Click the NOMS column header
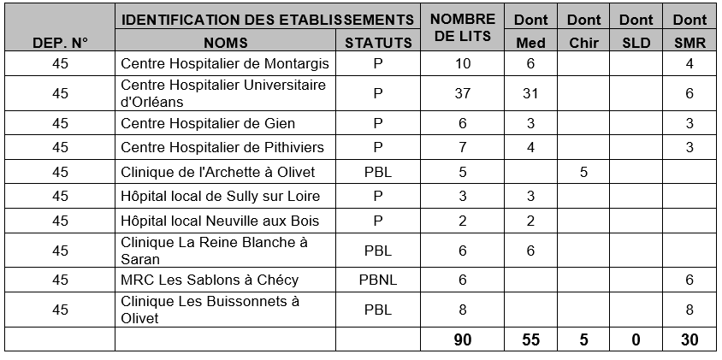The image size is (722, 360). click(226, 42)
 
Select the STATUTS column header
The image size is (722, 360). click(377, 42)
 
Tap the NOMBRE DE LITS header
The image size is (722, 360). click(463, 29)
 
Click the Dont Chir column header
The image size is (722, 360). click(584, 30)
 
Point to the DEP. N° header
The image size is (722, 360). click(60, 42)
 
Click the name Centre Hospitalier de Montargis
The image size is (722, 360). click(224, 64)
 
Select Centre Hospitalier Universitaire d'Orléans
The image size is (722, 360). click(224, 93)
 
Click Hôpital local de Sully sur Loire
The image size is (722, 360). click(219, 196)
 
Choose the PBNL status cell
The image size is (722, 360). click(377, 280)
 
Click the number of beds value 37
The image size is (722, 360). click(463, 93)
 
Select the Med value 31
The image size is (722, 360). click(530, 93)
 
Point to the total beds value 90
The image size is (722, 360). click(463, 339)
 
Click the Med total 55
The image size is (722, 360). click(530, 339)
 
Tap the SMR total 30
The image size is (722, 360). click(689, 339)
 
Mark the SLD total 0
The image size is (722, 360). click(636, 339)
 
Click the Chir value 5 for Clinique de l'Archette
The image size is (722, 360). click(584, 172)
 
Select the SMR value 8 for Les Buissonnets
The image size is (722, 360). click(689, 310)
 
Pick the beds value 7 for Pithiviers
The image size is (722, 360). click(463, 147)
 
